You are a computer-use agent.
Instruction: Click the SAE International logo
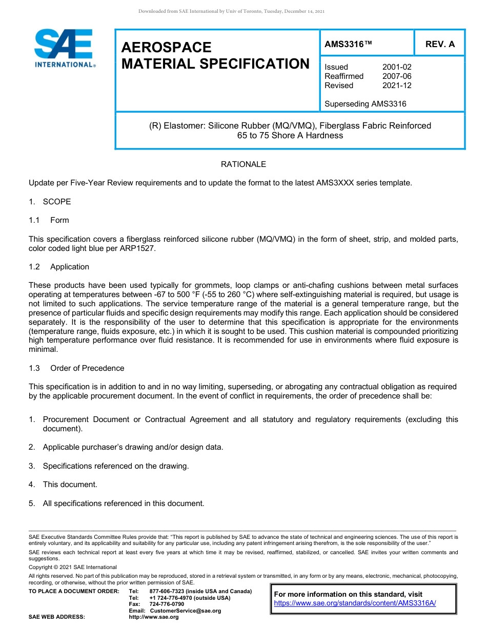point(65,48)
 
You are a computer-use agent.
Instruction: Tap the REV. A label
point(440,44)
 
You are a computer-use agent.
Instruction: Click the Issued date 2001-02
point(397,67)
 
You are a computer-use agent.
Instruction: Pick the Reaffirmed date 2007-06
point(397,76)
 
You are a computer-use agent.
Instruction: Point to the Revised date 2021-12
point(397,86)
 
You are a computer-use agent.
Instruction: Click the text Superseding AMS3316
point(365,104)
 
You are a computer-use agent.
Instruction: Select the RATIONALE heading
point(243,164)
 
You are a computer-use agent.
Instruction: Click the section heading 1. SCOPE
point(50,202)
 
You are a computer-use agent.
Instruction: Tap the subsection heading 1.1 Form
point(49,220)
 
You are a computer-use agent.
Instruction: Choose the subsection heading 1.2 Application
point(59,267)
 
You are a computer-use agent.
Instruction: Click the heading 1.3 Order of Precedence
point(76,368)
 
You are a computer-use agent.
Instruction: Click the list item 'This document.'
point(70,485)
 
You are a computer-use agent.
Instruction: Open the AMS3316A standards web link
point(355,603)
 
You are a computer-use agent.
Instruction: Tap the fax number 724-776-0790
point(167,604)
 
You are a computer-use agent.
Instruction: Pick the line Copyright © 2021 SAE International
point(73,567)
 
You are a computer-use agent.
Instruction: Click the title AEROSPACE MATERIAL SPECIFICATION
point(215,55)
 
